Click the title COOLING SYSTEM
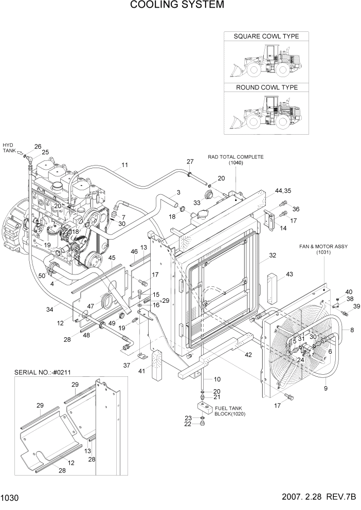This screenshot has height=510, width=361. (177, 5)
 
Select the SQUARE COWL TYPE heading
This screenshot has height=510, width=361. (266, 37)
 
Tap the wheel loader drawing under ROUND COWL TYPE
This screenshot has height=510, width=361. (266, 114)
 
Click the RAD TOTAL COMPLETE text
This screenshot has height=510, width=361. (236, 157)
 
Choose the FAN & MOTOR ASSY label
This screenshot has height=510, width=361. (323, 247)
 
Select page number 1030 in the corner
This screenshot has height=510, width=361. (10, 498)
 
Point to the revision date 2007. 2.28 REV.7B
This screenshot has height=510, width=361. (319, 498)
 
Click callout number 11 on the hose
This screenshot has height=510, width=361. (124, 165)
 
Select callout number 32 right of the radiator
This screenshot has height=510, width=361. (273, 255)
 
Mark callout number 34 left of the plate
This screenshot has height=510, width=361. (49, 309)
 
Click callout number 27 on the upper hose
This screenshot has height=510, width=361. (190, 161)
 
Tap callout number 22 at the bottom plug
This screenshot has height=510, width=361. (189, 424)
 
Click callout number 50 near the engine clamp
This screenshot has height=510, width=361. (42, 277)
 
